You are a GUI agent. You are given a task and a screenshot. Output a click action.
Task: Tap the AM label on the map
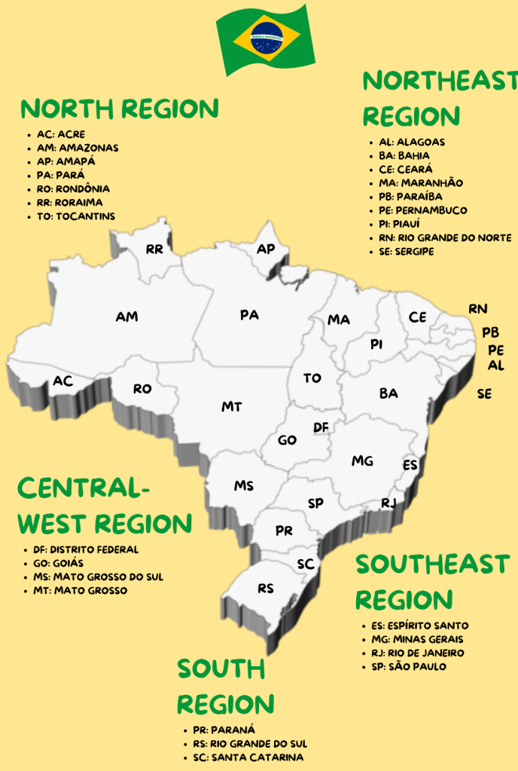tap(126, 317)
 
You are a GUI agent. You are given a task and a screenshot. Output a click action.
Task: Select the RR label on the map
tap(155, 249)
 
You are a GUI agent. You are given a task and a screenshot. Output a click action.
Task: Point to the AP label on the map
tap(266, 249)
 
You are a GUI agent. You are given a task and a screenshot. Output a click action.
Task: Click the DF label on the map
tap(321, 428)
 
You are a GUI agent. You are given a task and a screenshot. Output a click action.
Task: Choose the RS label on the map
tap(266, 588)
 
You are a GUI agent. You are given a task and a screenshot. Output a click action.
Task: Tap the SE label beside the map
tap(484, 393)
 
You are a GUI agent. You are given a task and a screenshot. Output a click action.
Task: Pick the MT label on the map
tap(231, 407)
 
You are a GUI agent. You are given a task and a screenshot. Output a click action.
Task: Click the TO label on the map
tap(312, 378)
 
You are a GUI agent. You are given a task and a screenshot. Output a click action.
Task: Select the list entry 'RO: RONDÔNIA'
tap(73, 189)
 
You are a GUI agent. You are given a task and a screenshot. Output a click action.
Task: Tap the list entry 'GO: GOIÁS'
tap(58, 563)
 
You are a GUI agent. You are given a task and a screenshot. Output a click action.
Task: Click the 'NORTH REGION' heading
tap(120, 109)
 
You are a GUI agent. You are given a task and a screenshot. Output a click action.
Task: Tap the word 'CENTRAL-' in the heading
tap(84, 488)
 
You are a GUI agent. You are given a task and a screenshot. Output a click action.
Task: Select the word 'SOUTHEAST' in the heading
tap(432, 564)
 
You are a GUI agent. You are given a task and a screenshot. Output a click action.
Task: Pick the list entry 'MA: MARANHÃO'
tap(421, 183)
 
